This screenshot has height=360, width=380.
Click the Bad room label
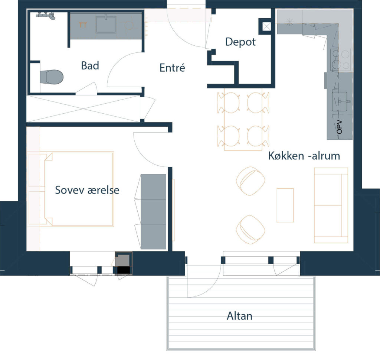(x=90, y=66)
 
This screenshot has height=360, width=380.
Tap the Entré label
(x=172, y=68)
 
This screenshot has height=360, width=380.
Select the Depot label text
(x=240, y=42)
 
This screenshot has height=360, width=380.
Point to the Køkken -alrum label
(x=304, y=156)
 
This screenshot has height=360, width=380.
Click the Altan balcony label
(x=239, y=316)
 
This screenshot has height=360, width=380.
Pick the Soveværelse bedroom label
(x=87, y=190)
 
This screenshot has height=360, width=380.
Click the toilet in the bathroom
(x=51, y=77)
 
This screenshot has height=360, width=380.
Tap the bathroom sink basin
(x=106, y=24)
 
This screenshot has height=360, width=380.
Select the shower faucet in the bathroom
(x=46, y=15)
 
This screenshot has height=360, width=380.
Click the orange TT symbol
(x=83, y=25)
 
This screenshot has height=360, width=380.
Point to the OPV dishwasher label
(x=339, y=127)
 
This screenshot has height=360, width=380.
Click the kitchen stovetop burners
(x=341, y=60)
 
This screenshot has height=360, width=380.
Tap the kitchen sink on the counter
(x=341, y=101)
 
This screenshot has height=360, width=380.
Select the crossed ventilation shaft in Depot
(x=266, y=26)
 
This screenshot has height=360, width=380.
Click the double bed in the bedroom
(x=79, y=189)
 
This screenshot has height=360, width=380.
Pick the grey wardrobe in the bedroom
(x=153, y=211)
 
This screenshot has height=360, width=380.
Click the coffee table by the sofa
(x=285, y=205)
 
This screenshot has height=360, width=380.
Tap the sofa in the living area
(x=331, y=205)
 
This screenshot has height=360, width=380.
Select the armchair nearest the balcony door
(x=250, y=230)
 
